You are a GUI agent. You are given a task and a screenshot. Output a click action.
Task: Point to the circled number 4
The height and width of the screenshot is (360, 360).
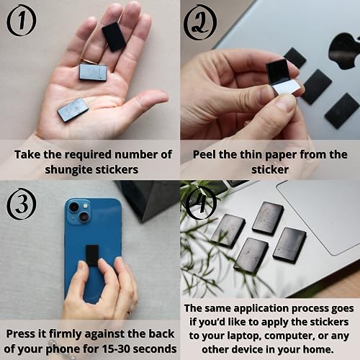coord(200,205)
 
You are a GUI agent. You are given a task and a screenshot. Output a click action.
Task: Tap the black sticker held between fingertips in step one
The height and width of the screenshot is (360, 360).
coord(114,36)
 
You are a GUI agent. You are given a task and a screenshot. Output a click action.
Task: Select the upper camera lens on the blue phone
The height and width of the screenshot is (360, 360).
coord(75,207)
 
